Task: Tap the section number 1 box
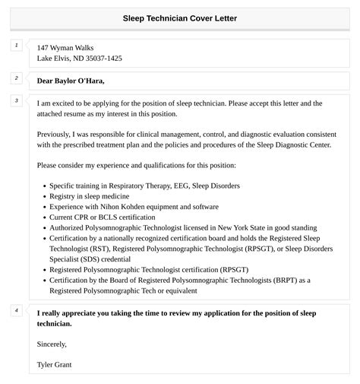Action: coord(16,46)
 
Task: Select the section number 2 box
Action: coord(16,78)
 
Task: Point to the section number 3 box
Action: coord(16,100)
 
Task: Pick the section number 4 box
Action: coord(16,310)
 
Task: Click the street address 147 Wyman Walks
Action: coord(65,47)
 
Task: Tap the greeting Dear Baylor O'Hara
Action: coord(71,81)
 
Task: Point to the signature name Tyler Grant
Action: coord(55,364)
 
